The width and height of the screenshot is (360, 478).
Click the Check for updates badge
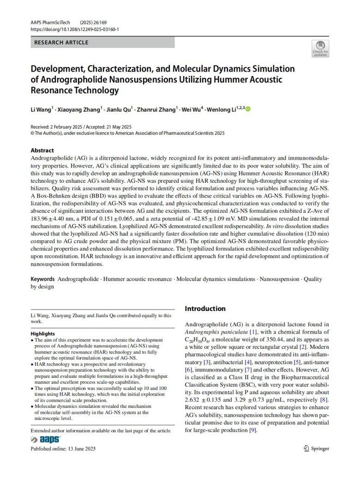point(320,48)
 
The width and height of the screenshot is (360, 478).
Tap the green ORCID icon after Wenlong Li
point(248,109)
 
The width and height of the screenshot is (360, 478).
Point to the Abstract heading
point(42,150)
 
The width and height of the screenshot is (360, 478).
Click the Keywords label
point(42,279)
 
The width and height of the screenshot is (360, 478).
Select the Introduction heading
point(205,309)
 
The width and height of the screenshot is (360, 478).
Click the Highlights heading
point(43,334)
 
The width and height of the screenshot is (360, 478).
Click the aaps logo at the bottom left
point(46,440)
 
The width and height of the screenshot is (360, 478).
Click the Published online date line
point(63,448)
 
